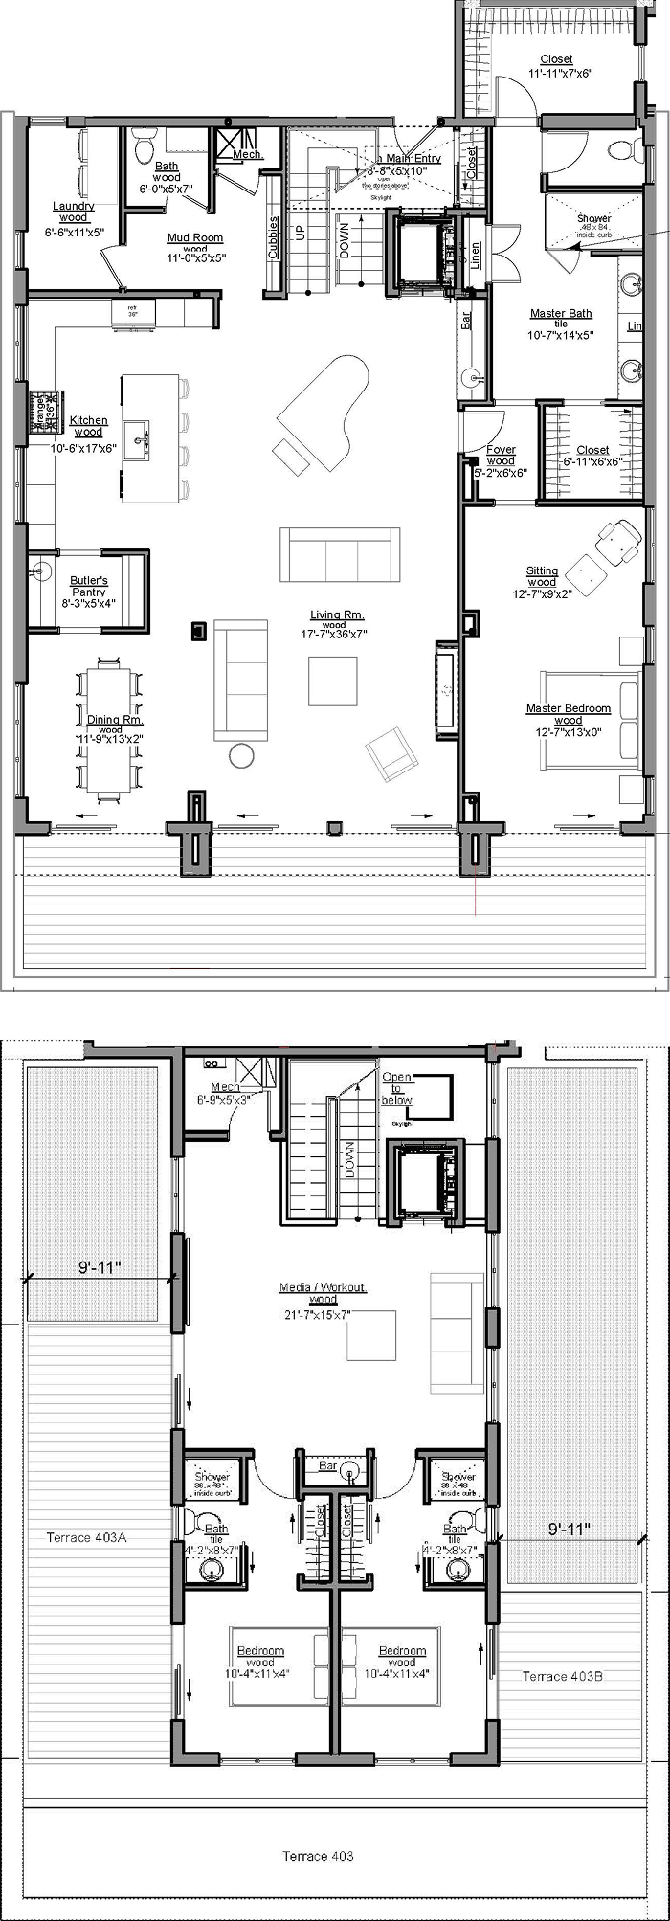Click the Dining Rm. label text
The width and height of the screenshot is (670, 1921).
point(109,720)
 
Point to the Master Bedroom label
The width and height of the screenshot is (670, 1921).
point(568,708)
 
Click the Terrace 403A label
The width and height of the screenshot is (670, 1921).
point(86,1537)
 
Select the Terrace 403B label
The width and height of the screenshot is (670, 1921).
point(562,1676)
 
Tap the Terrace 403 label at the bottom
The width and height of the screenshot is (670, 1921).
point(318,1856)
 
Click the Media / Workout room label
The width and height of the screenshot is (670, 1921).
point(323,1287)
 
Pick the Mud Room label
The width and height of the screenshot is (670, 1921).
point(195,237)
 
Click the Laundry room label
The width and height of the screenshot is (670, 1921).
point(74,206)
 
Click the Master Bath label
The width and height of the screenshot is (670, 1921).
point(561,313)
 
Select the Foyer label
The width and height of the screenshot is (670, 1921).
point(501,449)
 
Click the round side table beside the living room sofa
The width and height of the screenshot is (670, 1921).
point(241,755)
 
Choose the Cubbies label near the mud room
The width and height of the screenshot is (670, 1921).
point(274,237)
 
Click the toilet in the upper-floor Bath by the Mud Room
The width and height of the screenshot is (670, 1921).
point(143,148)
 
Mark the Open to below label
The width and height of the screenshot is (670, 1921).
point(397,1088)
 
